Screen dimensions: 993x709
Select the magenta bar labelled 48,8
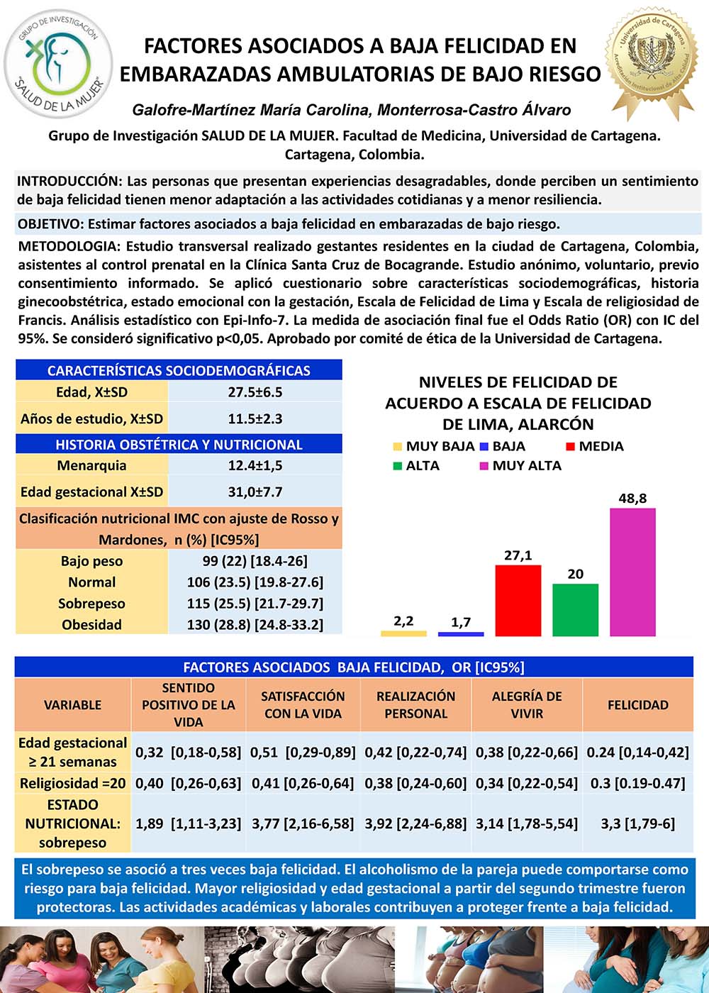(x=632, y=572)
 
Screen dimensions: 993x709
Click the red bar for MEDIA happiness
(x=518, y=600)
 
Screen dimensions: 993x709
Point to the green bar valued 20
(x=575, y=609)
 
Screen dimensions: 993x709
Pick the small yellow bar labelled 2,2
(x=403, y=633)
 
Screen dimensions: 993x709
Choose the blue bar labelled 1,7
(x=461, y=633)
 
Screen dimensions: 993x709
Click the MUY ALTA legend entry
(x=526, y=465)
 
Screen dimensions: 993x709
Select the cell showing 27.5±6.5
(x=255, y=392)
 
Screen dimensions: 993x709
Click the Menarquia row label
(x=91, y=465)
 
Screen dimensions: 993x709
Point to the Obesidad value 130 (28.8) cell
(x=255, y=624)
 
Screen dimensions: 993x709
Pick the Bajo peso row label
(x=91, y=561)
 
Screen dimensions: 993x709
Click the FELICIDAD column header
(x=638, y=704)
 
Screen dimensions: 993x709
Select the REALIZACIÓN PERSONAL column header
(x=416, y=704)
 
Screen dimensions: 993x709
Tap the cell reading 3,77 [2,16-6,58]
(x=303, y=823)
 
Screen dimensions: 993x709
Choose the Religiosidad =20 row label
(x=72, y=783)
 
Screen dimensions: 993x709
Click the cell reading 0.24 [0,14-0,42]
(x=638, y=752)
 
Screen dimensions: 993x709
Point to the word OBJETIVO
(x=50, y=224)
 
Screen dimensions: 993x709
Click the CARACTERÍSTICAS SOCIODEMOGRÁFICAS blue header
(x=179, y=370)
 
